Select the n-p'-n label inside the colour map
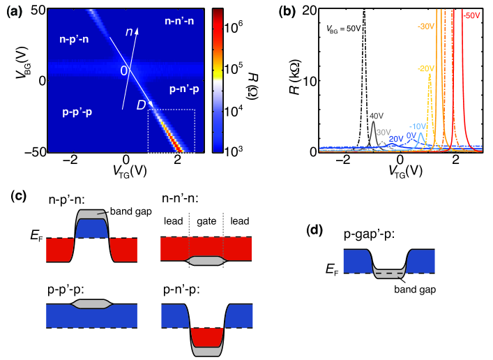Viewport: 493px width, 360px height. coord(68,40)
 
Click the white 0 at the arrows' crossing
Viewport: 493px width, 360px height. coord(125,70)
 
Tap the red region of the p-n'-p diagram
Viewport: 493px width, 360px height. coord(209,337)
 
